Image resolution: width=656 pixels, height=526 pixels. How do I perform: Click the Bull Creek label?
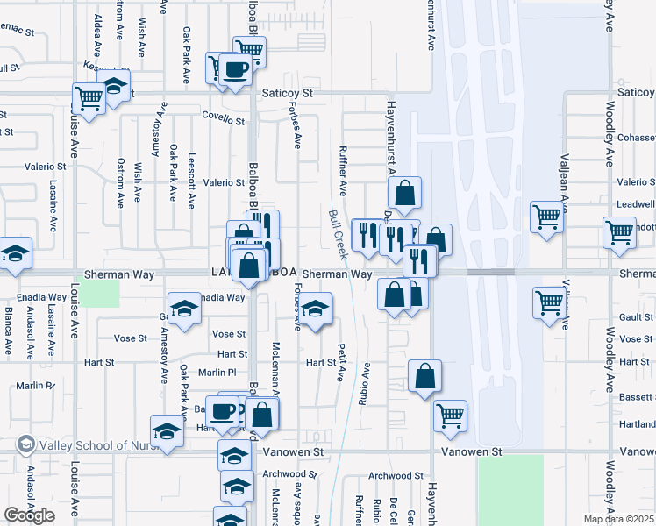click(x=338, y=233)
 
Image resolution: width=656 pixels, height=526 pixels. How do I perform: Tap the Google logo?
click(x=30, y=515)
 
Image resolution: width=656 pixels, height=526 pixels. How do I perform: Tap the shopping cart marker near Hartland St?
click(x=450, y=415)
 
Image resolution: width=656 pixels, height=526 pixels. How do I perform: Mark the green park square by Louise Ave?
click(x=104, y=294)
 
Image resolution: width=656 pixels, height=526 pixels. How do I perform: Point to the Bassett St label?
click(x=636, y=396)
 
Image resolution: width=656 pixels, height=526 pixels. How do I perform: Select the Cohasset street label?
click(x=636, y=138)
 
